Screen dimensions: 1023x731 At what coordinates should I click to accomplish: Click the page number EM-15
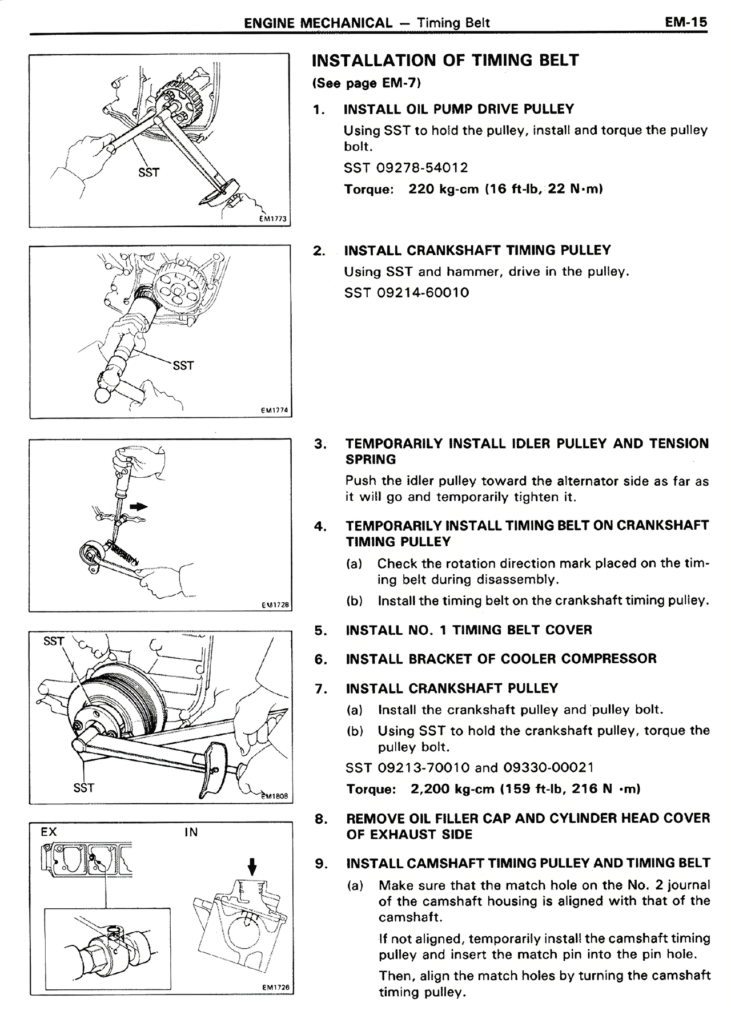[685, 22]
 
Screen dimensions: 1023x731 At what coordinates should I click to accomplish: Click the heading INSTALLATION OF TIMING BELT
[445, 61]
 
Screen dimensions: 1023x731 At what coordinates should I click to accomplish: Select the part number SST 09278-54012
[406, 168]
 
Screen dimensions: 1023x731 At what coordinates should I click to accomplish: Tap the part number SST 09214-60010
[407, 293]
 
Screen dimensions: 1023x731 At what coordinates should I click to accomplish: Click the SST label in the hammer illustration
[183, 365]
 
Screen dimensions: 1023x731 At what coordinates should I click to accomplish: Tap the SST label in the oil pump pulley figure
[148, 172]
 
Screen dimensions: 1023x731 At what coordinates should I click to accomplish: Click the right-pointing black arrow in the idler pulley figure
[139, 506]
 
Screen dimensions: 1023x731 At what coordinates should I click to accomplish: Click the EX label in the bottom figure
[49, 832]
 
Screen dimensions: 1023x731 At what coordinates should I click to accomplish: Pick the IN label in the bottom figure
[191, 832]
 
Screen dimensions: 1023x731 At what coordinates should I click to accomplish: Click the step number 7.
[320, 689]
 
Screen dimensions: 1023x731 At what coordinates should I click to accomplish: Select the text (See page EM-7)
[367, 83]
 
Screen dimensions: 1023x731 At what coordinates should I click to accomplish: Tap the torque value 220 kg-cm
[443, 189]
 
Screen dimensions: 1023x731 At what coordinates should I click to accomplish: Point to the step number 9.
[321, 863]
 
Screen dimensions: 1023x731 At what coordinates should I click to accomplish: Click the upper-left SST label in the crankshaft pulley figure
[54, 641]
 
